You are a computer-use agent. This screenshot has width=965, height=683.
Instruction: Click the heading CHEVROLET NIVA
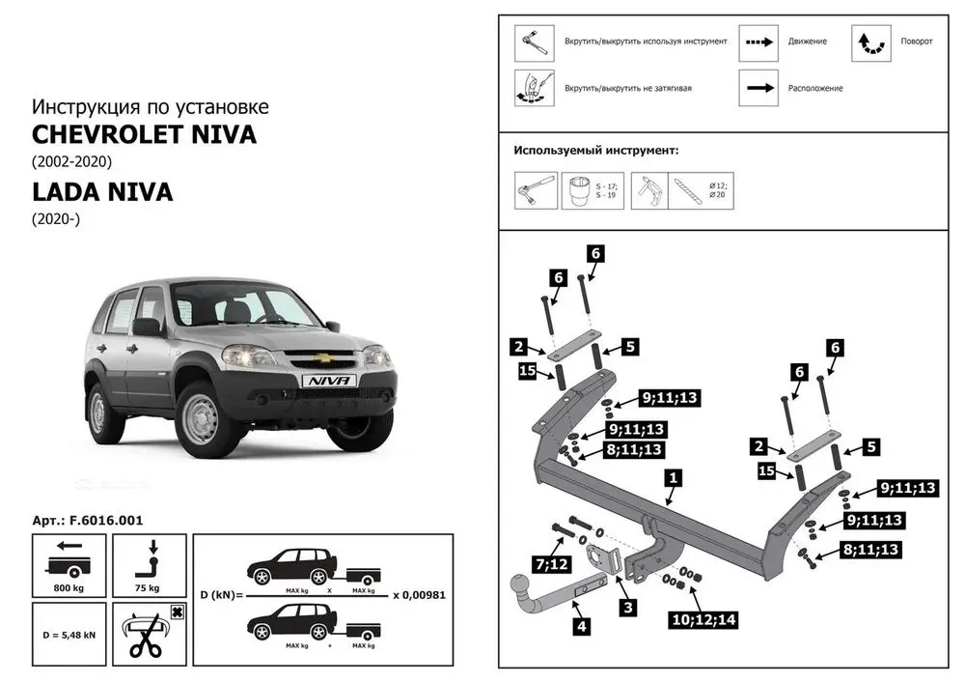pyautogui.click(x=145, y=134)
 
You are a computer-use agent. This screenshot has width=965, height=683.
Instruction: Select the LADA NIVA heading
pyautogui.click(x=102, y=191)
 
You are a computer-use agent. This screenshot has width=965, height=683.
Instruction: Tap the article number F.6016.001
pyautogui.click(x=88, y=520)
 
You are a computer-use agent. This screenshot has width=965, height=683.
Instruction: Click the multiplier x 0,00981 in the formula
pyautogui.click(x=420, y=594)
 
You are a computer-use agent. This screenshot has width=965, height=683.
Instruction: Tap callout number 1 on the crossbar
pyautogui.click(x=673, y=477)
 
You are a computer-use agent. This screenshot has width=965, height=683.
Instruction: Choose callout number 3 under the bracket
pyautogui.click(x=627, y=607)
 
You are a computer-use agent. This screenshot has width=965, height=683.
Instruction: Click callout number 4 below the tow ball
pyautogui.click(x=582, y=626)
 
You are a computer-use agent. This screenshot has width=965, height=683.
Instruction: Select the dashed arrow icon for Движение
pyautogui.click(x=758, y=43)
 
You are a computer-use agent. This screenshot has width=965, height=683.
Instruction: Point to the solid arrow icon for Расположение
pyautogui.click(x=758, y=88)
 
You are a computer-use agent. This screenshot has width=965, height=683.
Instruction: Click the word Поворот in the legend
pyautogui.click(x=917, y=43)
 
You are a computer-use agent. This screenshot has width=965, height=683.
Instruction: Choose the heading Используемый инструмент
pyautogui.click(x=595, y=151)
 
